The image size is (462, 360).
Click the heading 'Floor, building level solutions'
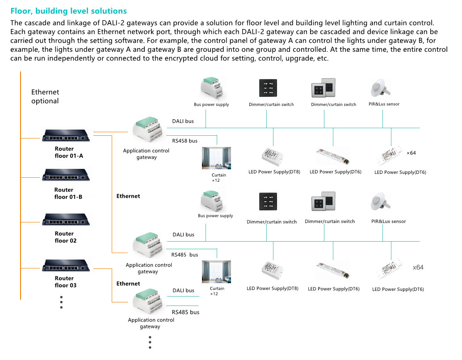pos(69,11)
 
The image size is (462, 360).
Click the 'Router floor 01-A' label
pos(68,152)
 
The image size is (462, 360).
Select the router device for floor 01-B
pos(66,175)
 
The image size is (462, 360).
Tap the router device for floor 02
pos(66,220)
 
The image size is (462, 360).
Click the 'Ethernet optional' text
pos(45,96)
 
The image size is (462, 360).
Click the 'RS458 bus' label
pos(185,141)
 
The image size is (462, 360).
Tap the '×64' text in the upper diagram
pos(411,153)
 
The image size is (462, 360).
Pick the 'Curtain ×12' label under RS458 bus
pos(218,178)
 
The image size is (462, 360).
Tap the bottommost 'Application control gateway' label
pos(151,323)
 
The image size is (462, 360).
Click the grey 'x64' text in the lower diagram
pos(418,268)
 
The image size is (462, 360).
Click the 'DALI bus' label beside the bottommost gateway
pos(184,291)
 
